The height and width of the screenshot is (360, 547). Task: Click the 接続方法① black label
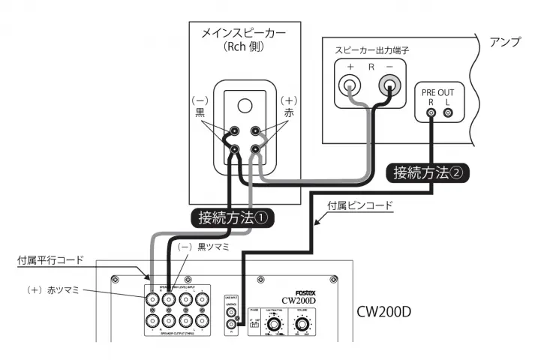pos(233,219)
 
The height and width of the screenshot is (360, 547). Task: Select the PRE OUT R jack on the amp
pos(431,113)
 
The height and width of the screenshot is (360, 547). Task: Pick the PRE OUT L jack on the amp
pos(449,113)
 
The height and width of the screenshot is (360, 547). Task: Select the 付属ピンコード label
pos(362,204)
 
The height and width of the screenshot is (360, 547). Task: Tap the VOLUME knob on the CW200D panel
pos(303,325)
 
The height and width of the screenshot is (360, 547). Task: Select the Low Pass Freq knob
pos(275,325)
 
